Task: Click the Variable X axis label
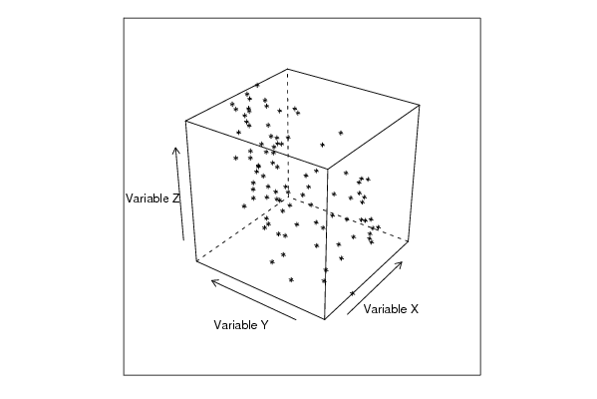point(391,308)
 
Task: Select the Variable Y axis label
point(241,325)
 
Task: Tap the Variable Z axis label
point(151,199)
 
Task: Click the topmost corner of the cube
point(287,69)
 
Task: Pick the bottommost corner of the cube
point(324,319)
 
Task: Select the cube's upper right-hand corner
point(420,105)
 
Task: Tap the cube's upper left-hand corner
point(185,121)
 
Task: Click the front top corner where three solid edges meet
point(328,168)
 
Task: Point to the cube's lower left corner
point(196,261)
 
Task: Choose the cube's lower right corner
point(409,240)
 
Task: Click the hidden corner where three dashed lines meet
point(289,197)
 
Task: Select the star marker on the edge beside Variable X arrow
point(352,293)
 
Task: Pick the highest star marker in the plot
point(257,85)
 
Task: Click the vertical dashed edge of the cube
point(288,133)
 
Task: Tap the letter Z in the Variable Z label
point(175,199)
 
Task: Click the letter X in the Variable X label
point(415,308)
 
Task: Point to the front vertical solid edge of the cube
point(326,244)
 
